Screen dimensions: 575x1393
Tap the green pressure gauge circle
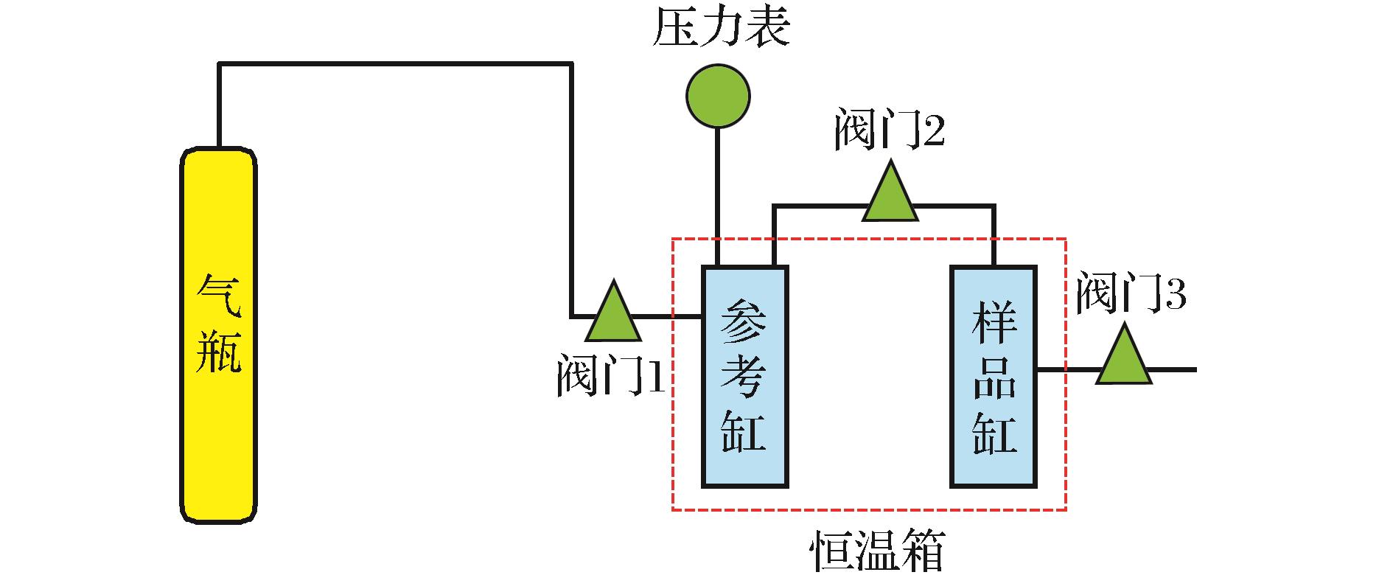click(718, 96)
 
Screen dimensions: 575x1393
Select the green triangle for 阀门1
click(613, 314)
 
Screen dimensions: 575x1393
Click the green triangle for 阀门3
click(1124, 358)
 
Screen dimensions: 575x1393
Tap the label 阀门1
click(611, 376)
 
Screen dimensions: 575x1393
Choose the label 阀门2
click(890, 131)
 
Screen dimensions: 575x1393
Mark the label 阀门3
click(1131, 293)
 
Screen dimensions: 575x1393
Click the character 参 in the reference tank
click(744, 318)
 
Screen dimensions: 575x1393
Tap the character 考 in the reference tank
click(744, 376)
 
